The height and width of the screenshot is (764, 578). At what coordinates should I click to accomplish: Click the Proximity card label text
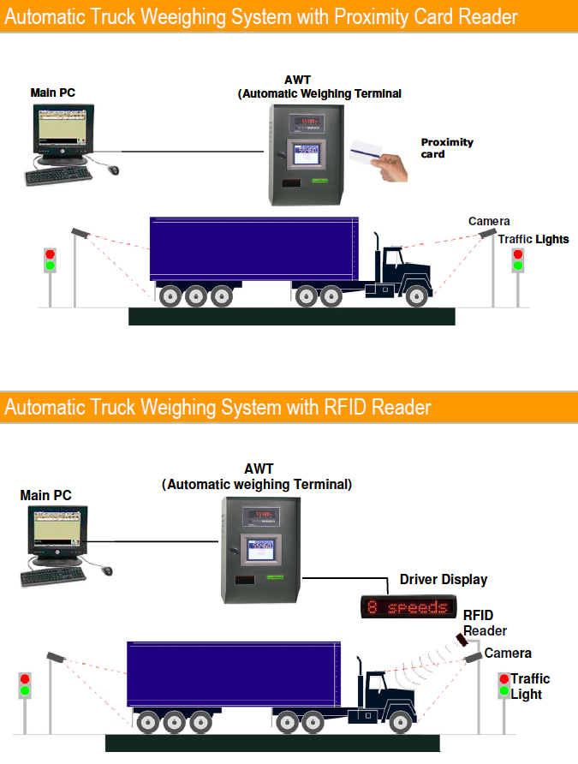(446, 147)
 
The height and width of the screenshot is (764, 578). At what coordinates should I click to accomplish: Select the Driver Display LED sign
(406, 608)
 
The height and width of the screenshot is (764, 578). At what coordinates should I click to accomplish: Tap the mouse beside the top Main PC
(113, 170)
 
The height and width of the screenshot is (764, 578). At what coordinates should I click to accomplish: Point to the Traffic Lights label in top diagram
(533, 239)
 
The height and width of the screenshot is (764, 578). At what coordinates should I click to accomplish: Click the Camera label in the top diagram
(488, 222)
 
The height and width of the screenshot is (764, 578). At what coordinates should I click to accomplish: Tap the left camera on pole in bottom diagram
(56, 657)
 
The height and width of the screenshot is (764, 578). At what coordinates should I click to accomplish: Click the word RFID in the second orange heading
(350, 407)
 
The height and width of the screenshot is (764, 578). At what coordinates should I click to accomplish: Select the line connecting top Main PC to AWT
(193, 152)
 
